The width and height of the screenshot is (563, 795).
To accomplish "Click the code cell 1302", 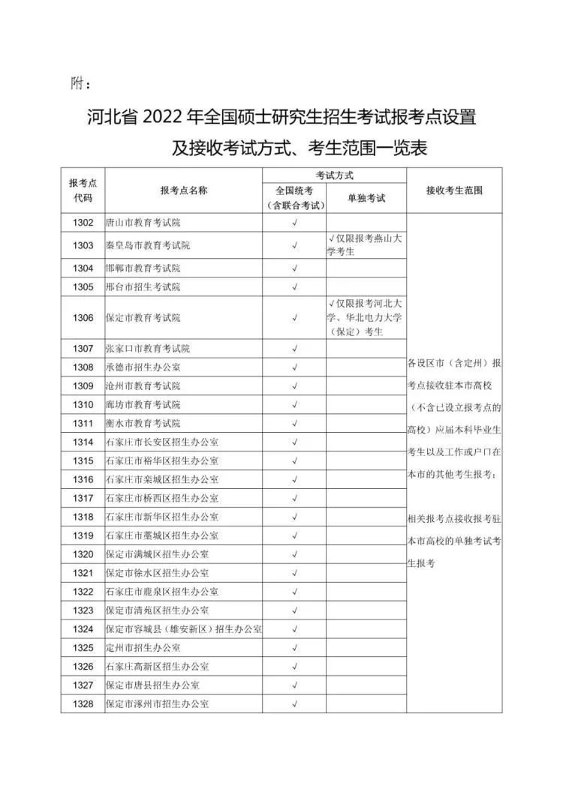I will pyautogui.click(x=83, y=223).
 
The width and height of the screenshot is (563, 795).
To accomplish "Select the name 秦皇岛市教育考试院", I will pyautogui.click(x=148, y=245).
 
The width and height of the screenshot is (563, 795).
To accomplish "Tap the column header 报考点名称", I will pyautogui.click(x=183, y=190).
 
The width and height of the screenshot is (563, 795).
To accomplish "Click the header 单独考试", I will pyautogui.click(x=366, y=199).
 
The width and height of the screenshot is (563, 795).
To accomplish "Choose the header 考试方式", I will pyautogui.click(x=334, y=175).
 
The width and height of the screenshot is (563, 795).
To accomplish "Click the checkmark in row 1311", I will pyautogui.click(x=294, y=423).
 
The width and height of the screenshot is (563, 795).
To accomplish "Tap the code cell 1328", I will pyautogui.click(x=83, y=704).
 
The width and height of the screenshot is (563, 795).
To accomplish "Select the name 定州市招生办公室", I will pyautogui.click(x=143, y=648).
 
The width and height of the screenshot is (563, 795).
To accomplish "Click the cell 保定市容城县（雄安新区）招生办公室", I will pyautogui.click(x=183, y=628).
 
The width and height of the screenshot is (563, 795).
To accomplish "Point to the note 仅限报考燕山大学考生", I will pyautogui.click(x=366, y=245).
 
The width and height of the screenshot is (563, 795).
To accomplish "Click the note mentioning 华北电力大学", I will pyautogui.click(x=366, y=318).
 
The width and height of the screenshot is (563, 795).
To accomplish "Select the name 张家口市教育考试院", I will pyautogui.click(x=148, y=348).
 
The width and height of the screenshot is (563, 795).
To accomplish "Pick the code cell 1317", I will pyautogui.click(x=83, y=498).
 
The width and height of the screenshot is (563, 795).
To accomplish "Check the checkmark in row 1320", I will pyautogui.click(x=294, y=554).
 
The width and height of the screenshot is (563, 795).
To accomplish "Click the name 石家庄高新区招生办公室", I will pyautogui.click(x=158, y=667).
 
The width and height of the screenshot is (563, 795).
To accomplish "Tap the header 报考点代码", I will pyautogui.click(x=83, y=190).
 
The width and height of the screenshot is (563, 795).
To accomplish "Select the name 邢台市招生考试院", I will pyautogui.click(x=143, y=287).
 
